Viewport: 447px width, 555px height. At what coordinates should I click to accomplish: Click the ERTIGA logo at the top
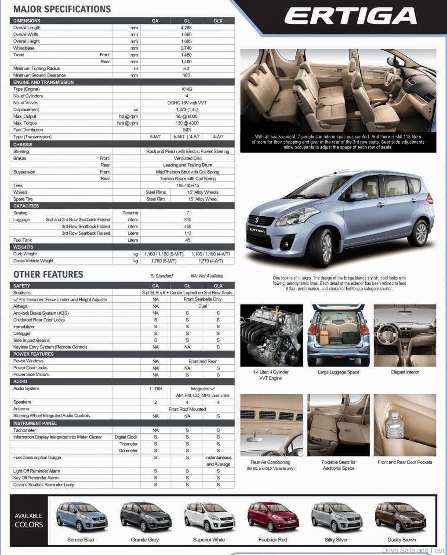click(x=350, y=17)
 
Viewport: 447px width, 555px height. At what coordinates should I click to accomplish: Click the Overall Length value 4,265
click(x=186, y=28)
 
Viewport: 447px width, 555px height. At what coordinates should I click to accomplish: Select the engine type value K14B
click(x=187, y=89)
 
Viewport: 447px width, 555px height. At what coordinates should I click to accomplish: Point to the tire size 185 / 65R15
click(x=187, y=185)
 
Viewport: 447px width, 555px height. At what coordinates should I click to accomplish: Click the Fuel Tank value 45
click(x=188, y=240)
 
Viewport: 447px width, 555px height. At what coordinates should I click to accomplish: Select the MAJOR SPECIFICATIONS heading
click(x=62, y=9)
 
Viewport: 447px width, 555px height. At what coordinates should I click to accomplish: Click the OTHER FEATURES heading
click(x=48, y=275)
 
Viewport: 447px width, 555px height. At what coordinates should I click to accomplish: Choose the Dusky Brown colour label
click(x=401, y=540)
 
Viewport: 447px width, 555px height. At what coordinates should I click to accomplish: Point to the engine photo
click(x=271, y=335)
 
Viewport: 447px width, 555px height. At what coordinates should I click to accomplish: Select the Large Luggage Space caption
click(x=338, y=372)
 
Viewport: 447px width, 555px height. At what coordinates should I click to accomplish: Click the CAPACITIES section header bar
click(x=122, y=206)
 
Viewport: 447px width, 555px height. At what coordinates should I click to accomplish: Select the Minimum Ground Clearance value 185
click(x=186, y=75)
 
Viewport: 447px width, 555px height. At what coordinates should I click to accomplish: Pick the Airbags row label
click(x=20, y=306)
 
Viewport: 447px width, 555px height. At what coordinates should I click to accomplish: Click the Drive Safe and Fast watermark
click(x=413, y=550)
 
